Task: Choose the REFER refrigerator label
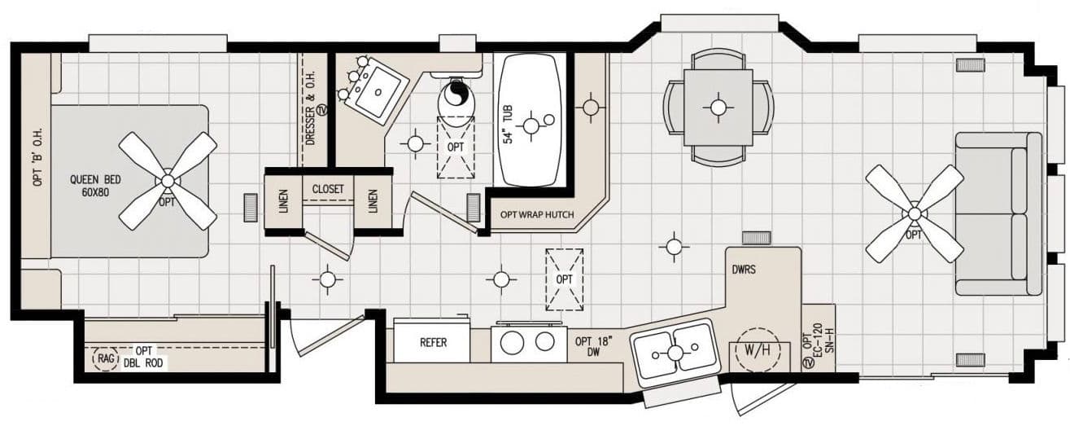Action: [433, 342]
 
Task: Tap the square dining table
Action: [718, 106]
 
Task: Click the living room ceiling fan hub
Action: [915, 214]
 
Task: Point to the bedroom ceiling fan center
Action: [168, 181]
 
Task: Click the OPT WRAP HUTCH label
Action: [536, 216]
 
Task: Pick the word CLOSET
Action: [328, 189]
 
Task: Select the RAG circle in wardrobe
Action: [105, 358]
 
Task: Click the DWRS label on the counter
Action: [743, 268]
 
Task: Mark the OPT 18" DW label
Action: [594, 347]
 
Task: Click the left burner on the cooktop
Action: [512, 342]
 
